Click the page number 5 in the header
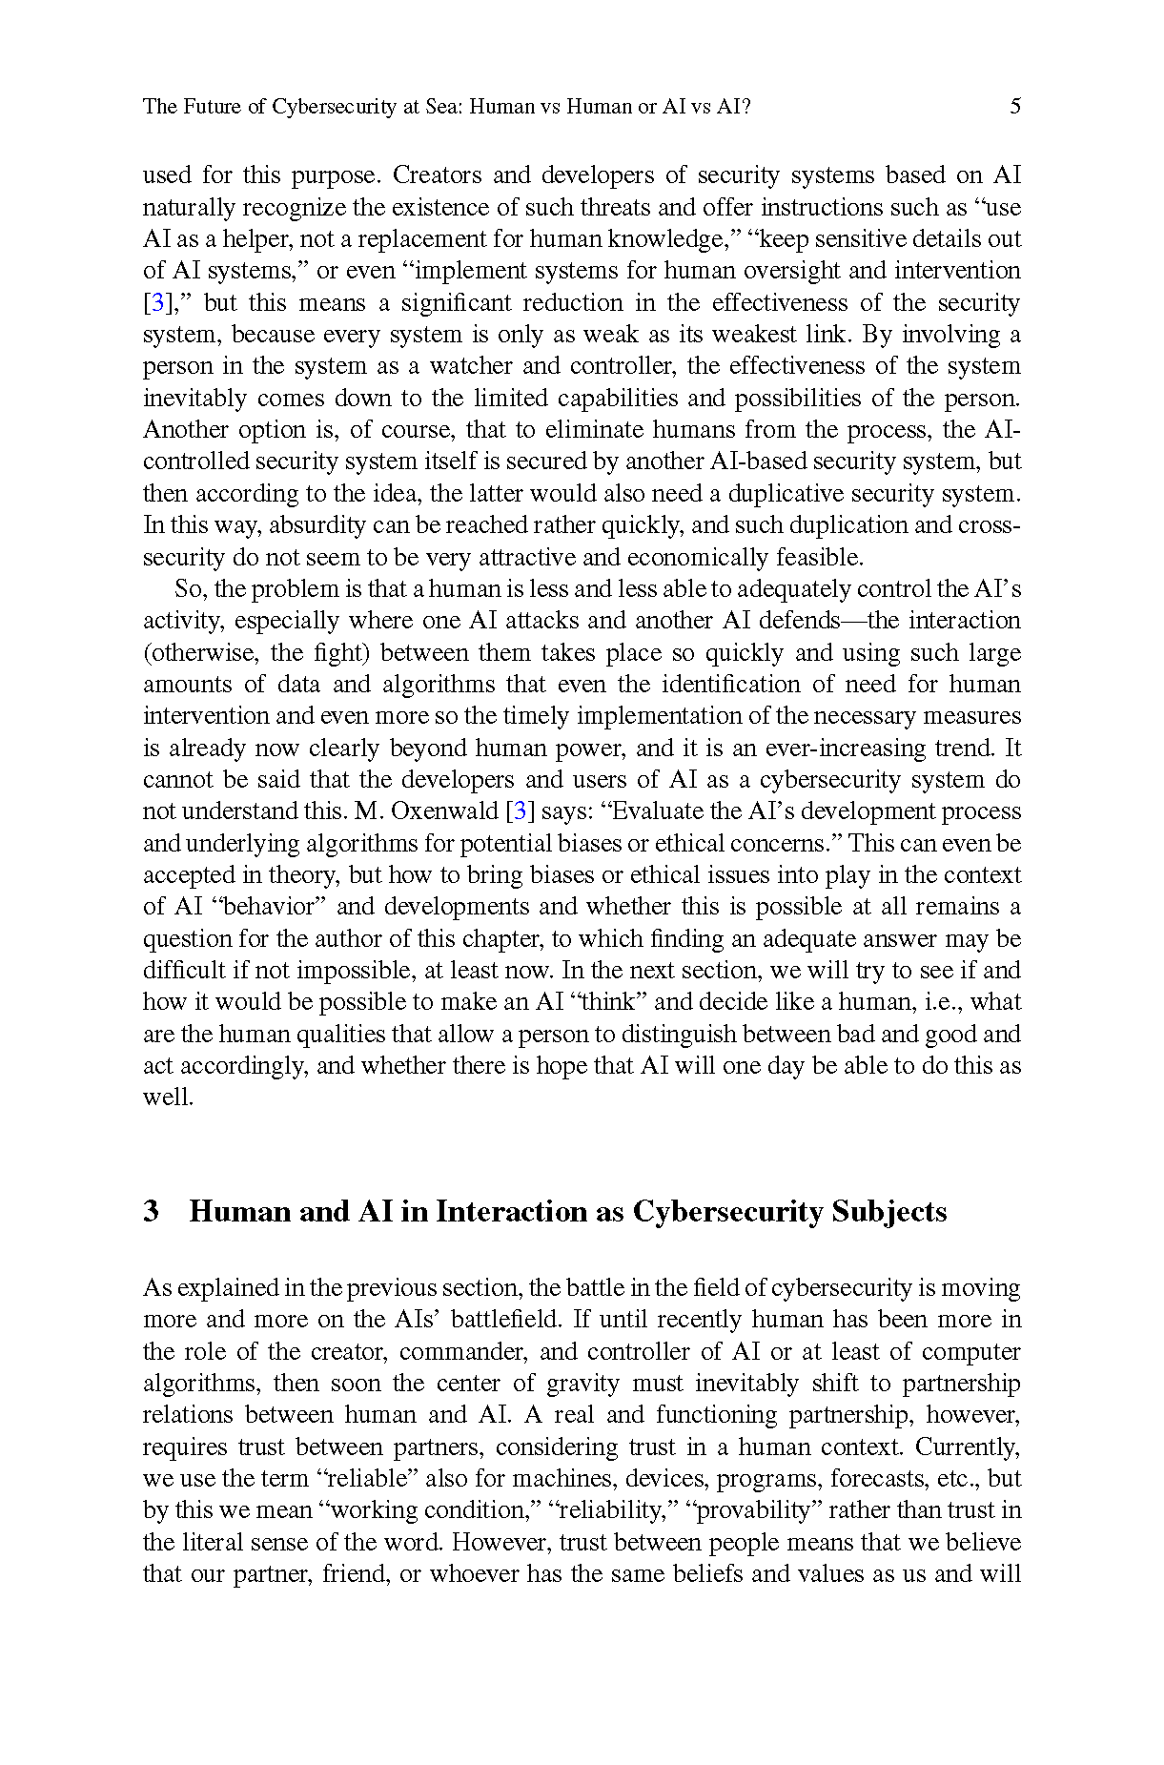point(1015,106)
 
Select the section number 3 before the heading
point(151,1211)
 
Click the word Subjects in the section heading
point(889,1211)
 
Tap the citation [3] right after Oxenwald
point(519,811)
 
